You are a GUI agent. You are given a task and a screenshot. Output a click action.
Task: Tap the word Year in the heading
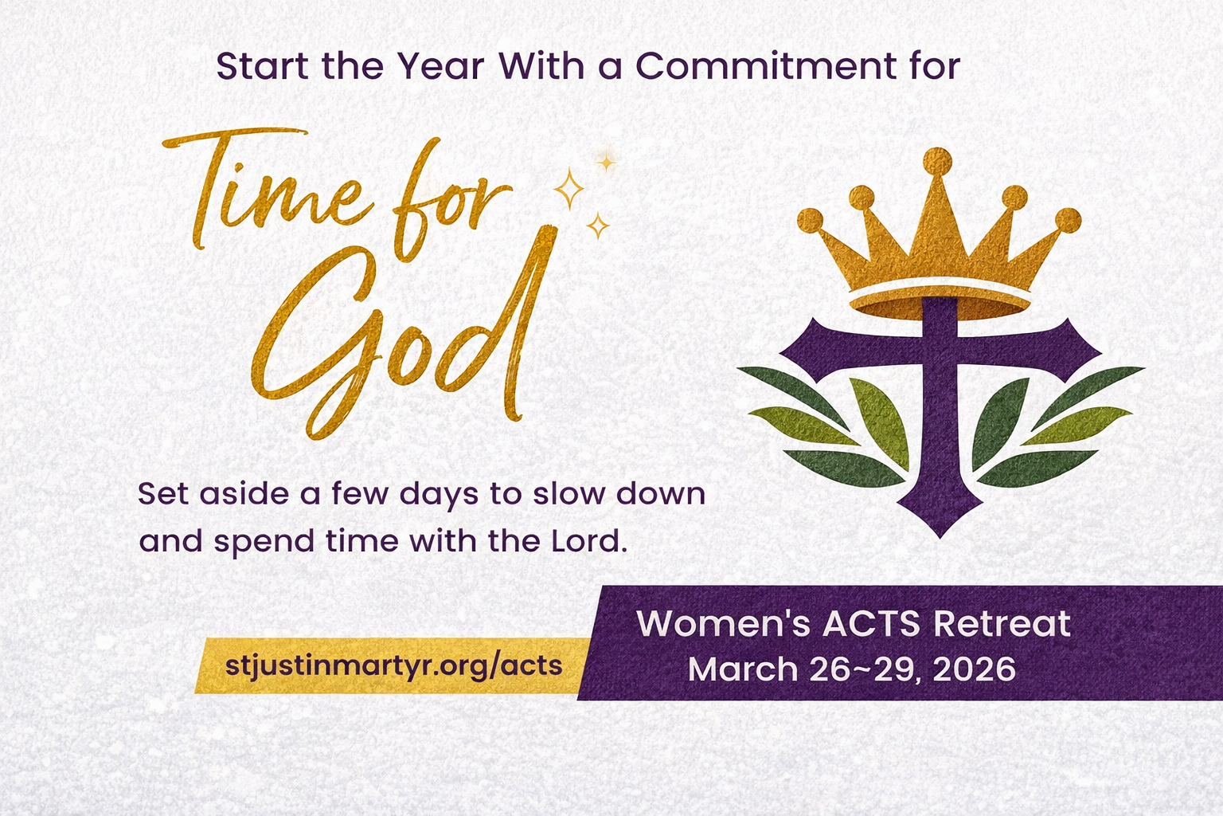coord(441,67)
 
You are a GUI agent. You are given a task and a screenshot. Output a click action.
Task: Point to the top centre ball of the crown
coord(938,161)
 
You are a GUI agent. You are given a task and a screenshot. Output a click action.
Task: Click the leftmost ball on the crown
coord(811,221)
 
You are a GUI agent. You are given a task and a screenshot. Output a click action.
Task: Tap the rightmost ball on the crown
coord(1068,221)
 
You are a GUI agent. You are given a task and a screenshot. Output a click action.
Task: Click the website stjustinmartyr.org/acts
coord(393,665)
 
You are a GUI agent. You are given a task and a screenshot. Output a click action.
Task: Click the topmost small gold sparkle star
coord(607,163)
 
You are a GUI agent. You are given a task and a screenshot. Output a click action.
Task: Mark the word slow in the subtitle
coord(572,494)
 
